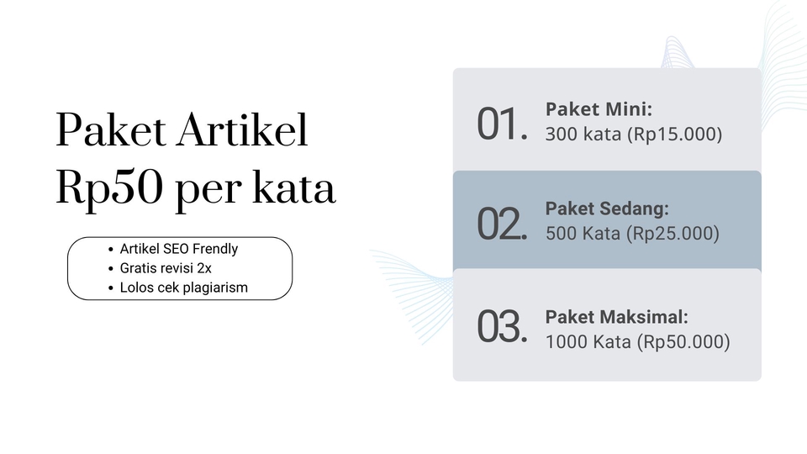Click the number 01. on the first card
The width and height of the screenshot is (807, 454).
coord(502,124)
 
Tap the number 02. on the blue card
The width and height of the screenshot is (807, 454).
coord(502,224)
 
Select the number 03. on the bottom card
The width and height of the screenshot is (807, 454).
coord(502,326)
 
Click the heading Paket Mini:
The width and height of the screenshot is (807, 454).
coord(599,109)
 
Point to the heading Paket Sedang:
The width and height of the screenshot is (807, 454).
coord(607,209)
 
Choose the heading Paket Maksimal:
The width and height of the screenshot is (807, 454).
coord(617,318)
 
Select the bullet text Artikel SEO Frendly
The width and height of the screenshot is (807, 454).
coord(179,249)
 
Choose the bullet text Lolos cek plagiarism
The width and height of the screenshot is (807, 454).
coord(184,288)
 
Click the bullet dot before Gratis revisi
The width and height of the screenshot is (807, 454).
coord(111,269)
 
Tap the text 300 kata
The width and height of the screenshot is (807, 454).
coord(583,134)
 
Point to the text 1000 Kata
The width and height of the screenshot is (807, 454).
coord(588,342)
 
